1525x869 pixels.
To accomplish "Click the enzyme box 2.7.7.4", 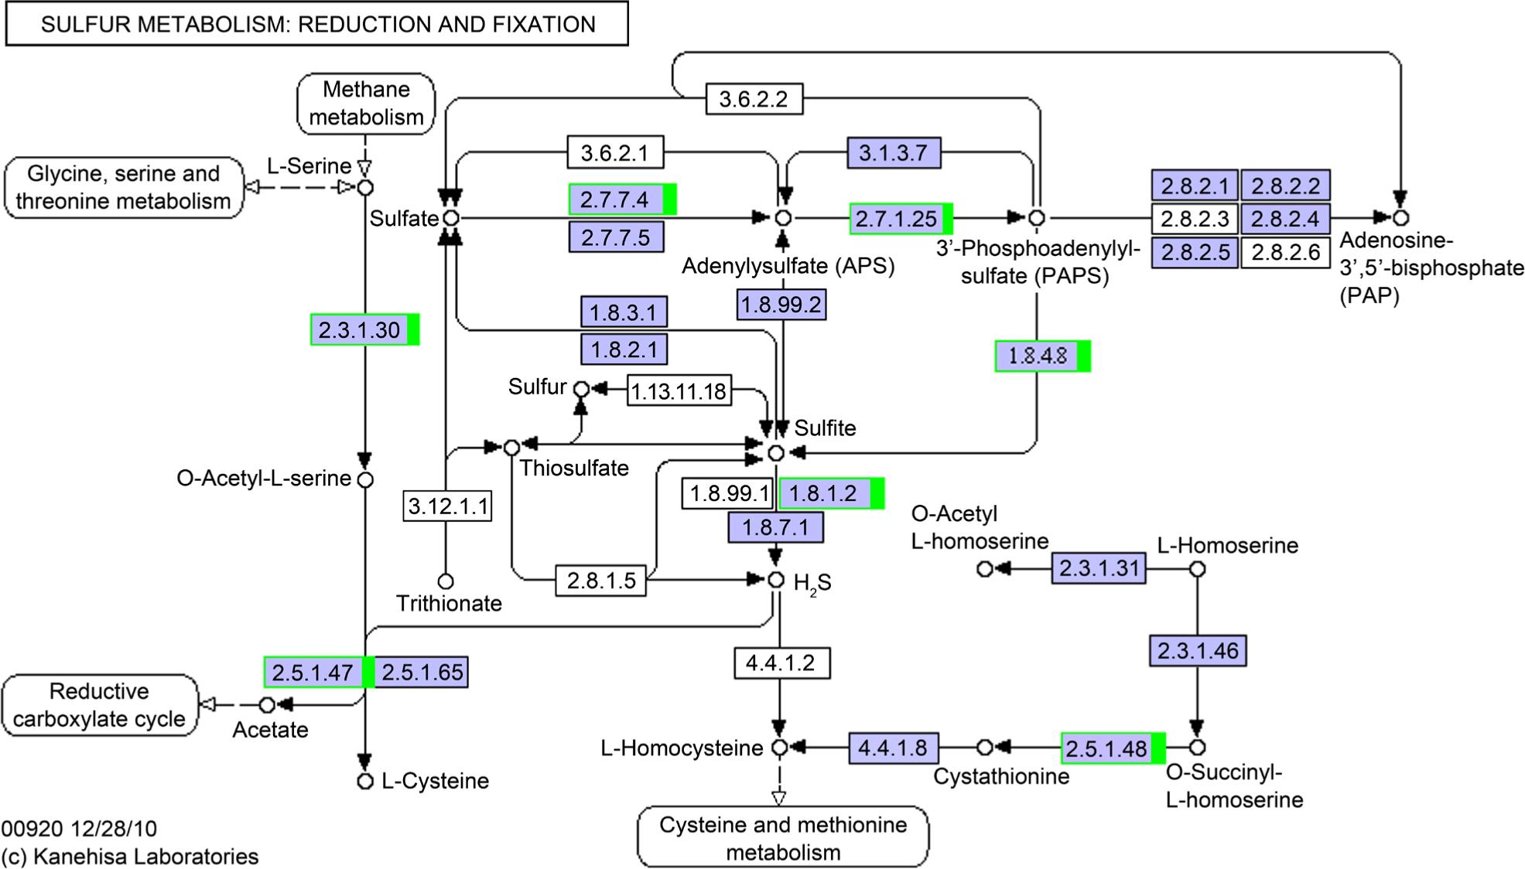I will (x=617, y=199).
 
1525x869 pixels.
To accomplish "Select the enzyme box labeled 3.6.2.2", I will (x=753, y=99).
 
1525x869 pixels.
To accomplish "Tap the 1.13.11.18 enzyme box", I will (x=679, y=391).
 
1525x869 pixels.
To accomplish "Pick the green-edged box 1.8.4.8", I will (x=1038, y=356).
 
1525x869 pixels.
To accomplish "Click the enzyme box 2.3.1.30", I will (x=360, y=330).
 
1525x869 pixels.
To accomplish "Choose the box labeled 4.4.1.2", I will (x=781, y=663).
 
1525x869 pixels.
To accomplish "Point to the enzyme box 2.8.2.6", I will (x=1285, y=253).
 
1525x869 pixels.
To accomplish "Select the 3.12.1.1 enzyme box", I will (x=448, y=506).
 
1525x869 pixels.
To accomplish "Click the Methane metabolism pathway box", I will (x=366, y=104).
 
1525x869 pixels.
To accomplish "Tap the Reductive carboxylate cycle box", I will (x=100, y=705).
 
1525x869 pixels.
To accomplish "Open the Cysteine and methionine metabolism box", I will (x=783, y=838).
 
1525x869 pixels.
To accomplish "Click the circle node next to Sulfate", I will (x=450, y=219).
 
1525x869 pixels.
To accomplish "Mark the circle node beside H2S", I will (x=776, y=580).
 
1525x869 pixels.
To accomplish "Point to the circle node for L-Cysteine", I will (x=365, y=782).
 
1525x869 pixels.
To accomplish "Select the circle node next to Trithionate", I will (x=445, y=581).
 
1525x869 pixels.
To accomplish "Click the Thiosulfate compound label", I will (x=574, y=469).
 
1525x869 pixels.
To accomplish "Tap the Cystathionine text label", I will (x=1001, y=776).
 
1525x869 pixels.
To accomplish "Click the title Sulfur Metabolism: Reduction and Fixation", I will (x=317, y=24).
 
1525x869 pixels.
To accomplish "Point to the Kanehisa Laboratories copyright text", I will (x=130, y=857).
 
